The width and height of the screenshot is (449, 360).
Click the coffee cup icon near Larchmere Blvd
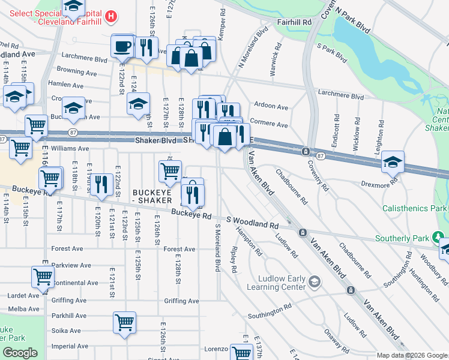(122, 46)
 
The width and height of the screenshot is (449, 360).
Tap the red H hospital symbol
(110, 17)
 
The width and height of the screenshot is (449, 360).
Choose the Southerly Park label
(404, 238)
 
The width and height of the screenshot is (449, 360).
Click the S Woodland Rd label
(252, 222)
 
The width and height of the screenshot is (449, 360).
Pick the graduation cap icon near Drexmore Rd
(393, 161)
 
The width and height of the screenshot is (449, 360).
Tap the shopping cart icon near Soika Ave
(124, 322)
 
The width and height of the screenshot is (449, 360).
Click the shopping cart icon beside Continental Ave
(43, 277)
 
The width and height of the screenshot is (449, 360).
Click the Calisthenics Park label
(415, 208)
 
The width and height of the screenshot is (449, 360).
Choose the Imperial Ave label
(66, 346)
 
